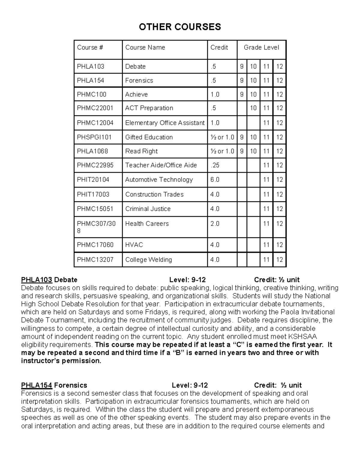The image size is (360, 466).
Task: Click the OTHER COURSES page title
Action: click(x=180, y=27)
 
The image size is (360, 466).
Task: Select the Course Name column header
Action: click(x=145, y=47)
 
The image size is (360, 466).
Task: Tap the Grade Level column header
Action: click(x=261, y=47)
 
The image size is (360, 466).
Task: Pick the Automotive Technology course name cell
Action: click(x=159, y=180)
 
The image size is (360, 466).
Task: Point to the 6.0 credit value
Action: click(x=215, y=180)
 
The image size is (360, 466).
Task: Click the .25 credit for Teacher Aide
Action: click(x=215, y=165)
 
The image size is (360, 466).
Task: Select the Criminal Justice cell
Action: click(x=148, y=209)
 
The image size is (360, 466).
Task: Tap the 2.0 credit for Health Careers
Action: click(x=215, y=224)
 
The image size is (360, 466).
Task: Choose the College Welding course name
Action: click(x=148, y=260)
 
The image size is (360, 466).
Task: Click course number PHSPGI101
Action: click(x=94, y=137)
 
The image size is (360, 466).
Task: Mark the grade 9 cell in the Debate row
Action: click(x=242, y=67)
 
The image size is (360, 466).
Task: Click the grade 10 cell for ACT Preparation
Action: click(x=253, y=108)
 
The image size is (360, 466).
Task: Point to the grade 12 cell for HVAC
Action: click(x=279, y=245)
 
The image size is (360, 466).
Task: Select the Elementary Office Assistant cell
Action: click(x=165, y=123)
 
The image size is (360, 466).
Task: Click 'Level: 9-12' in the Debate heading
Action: click(x=187, y=280)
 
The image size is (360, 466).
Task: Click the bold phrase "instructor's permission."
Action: click(x=61, y=361)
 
